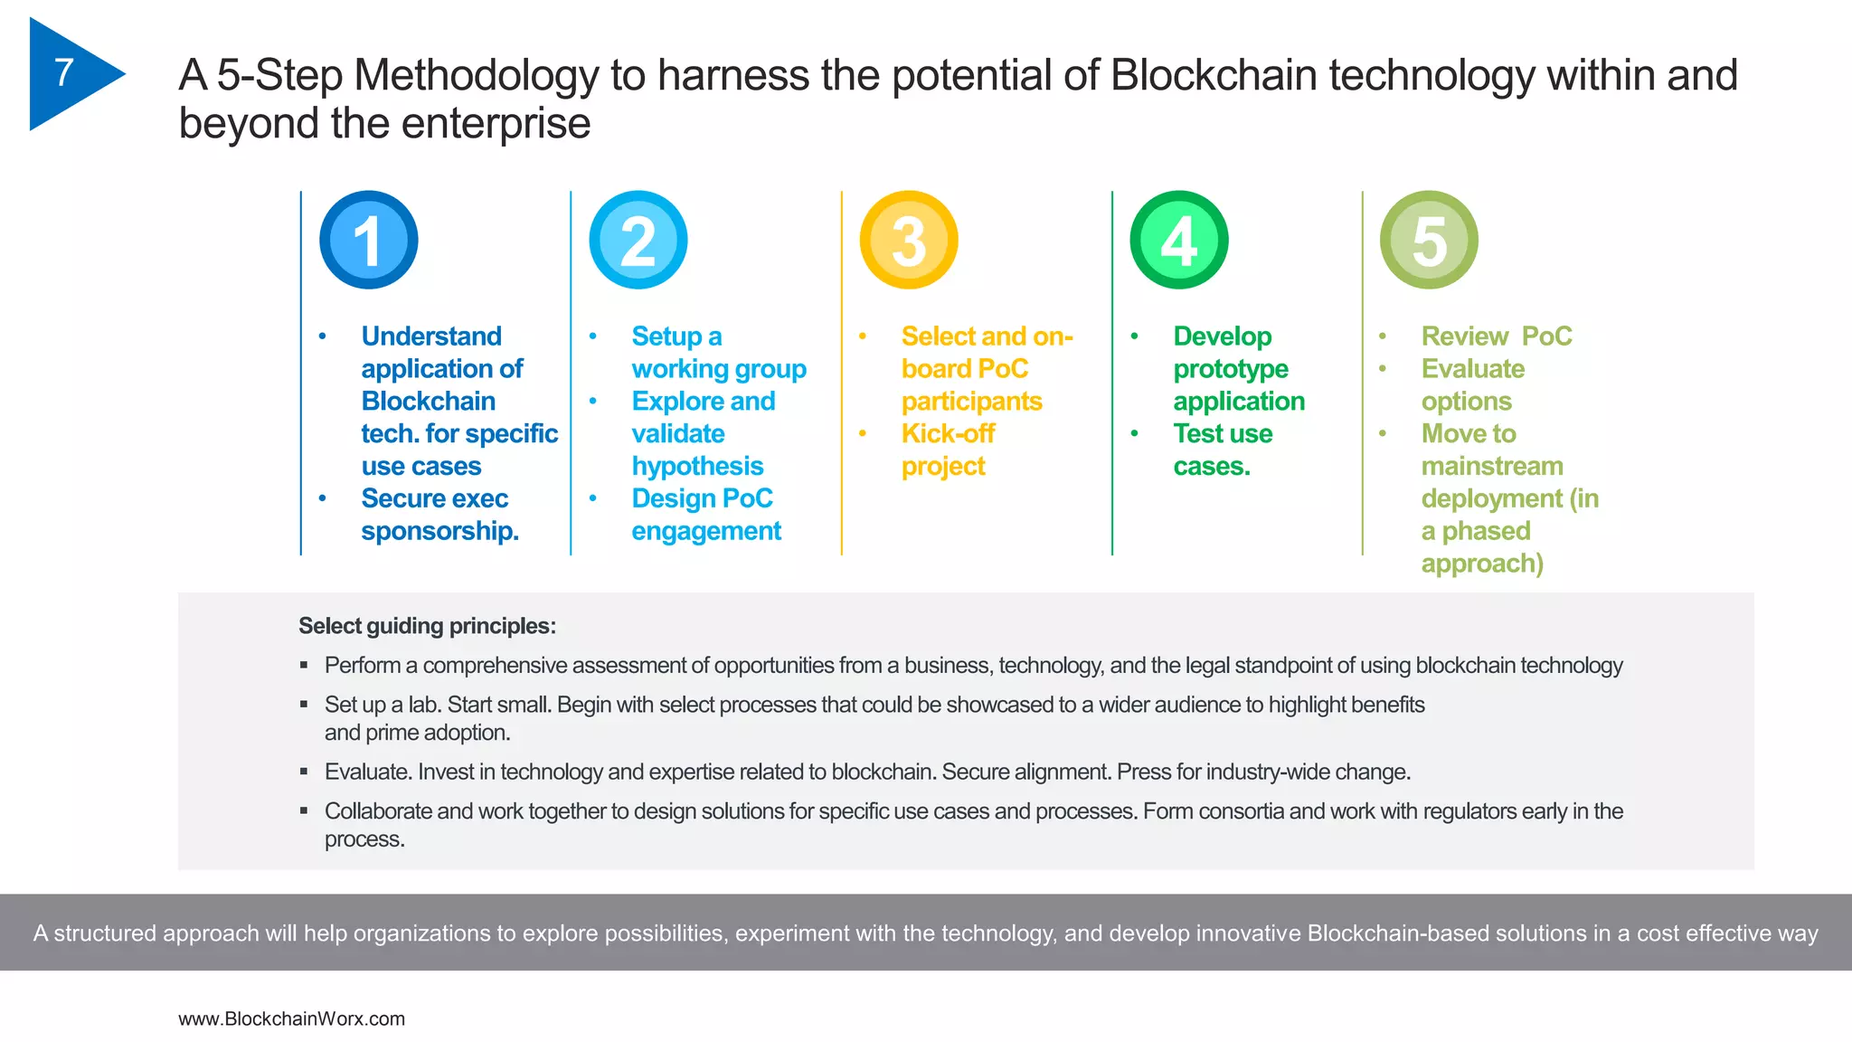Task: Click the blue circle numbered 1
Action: coord(368,240)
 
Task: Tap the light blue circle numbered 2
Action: coord(638,240)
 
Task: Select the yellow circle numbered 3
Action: coord(909,240)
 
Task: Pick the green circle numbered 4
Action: coord(1179,240)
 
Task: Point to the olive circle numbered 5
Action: coord(1429,240)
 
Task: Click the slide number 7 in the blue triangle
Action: coord(63,72)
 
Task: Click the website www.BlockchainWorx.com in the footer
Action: coord(291,1018)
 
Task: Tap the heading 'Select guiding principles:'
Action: coord(427,626)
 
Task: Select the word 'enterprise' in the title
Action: coord(496,123)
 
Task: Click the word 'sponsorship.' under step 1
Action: coord(439,531)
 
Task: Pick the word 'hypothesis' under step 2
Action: coord(697,466)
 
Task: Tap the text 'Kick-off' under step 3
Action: coord(948,433)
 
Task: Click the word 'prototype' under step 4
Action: coord(1231,368)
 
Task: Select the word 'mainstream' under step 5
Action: coord(1492,466)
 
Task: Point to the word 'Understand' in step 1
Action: coord(431,336)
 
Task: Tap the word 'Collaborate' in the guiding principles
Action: coord(378,811)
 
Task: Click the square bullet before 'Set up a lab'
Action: coord(304,705)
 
